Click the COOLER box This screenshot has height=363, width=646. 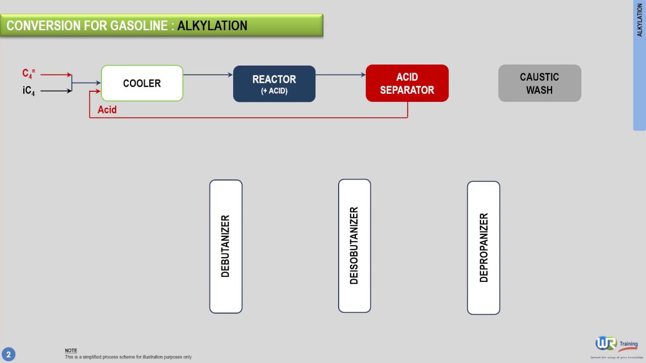(142, 83)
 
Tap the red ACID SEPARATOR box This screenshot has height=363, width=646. (407, 83)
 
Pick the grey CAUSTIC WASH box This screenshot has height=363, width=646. (540, 83)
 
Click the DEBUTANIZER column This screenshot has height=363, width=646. (226, 246)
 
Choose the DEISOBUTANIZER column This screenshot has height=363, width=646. (354, 246)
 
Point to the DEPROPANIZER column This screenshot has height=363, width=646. (483, 248)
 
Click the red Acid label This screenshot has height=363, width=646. (107, 110)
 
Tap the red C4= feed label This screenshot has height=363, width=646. (28, 74)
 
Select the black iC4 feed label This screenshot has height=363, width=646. (28, 91)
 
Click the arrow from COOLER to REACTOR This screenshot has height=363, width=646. (207, 75)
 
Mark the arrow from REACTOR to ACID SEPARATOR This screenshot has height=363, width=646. (340, 75)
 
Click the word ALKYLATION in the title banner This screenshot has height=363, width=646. (212, 26)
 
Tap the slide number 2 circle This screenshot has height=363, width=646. (8, 354)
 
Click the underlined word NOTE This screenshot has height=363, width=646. (71, 350)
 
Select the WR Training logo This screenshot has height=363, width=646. (616, 345)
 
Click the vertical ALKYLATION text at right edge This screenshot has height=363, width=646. (639, 21)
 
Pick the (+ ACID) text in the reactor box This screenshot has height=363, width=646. (274, 91)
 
